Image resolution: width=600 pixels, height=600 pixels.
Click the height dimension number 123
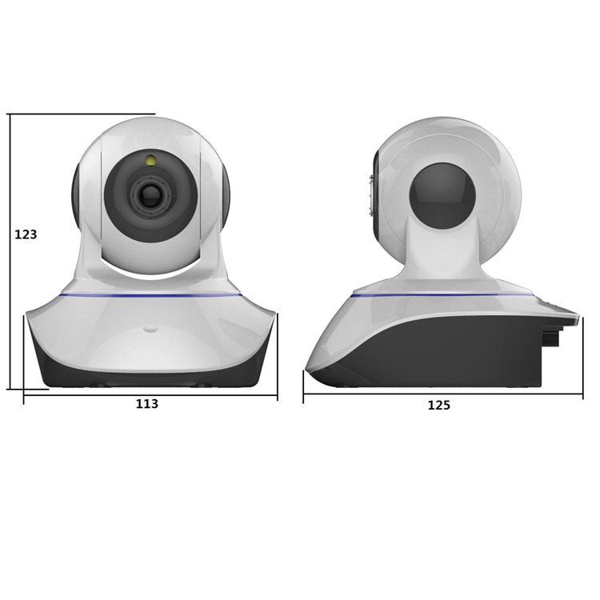coord(26,234)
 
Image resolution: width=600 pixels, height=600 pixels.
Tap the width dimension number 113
coord(147,404)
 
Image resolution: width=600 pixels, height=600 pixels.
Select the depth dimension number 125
coord(438,405)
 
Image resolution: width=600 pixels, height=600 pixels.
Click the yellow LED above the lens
coord(150,160)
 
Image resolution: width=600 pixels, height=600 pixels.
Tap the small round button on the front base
coord(150,328)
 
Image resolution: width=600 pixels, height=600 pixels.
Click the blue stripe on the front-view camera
coord(150,294)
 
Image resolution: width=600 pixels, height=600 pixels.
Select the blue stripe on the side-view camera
coord(441,295)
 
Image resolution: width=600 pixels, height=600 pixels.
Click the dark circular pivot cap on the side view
coord(442,196)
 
